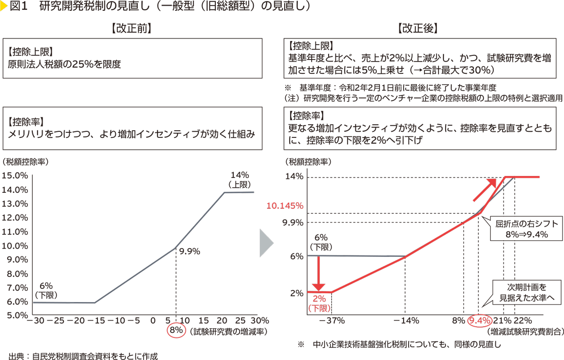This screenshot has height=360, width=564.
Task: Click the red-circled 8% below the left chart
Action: (x=176, y=330)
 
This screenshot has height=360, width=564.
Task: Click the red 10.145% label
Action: (x=285, y=206)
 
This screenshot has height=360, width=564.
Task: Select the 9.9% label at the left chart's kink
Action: (x=189, y=252)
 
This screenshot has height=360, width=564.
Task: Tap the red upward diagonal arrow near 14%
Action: (x=484, y=190)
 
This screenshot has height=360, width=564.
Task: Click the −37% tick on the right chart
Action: (x=332, y=321)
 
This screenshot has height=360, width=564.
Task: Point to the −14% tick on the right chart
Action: (x=406, y=321)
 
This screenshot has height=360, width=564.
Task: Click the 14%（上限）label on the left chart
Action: (x=239, y=179)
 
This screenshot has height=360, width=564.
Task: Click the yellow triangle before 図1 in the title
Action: (x=5, y=7)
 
